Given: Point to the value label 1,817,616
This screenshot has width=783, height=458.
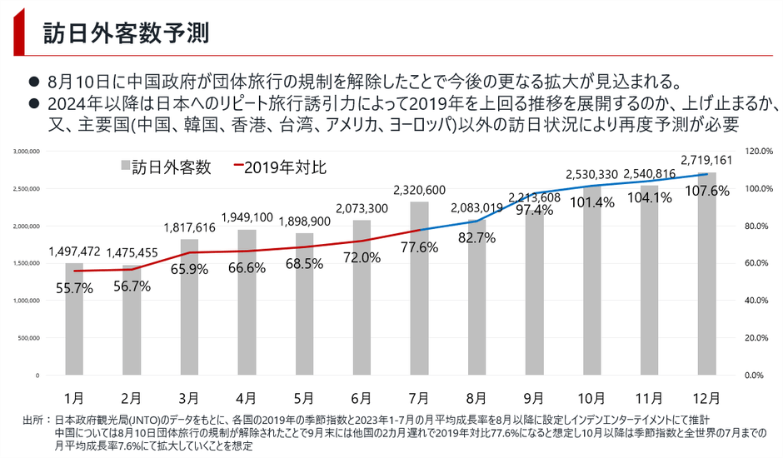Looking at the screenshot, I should point(190,227).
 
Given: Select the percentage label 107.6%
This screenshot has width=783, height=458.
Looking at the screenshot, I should point(707,191).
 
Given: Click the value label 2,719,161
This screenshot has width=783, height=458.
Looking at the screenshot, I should point(706,159).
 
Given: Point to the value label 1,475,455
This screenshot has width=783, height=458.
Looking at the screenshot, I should point(132,252).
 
